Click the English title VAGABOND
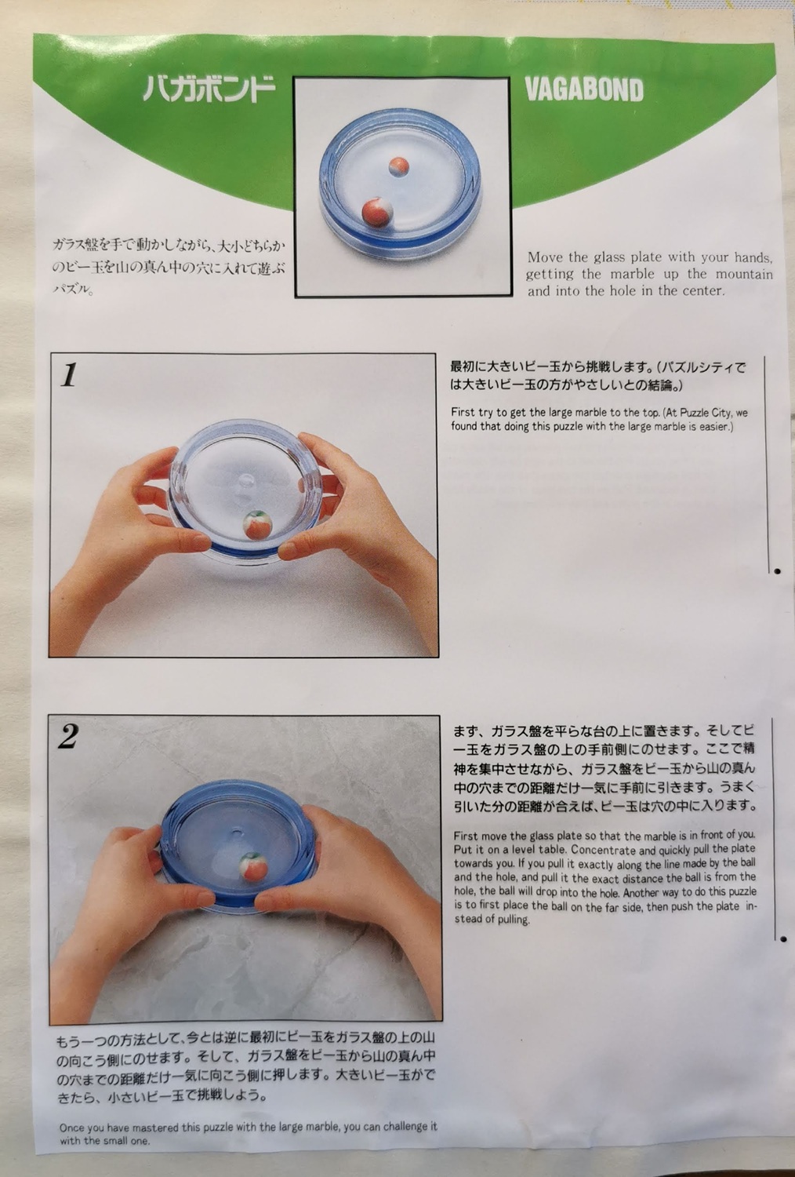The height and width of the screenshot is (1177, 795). [584, 90]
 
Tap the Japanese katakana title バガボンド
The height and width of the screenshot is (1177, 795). [209, 89]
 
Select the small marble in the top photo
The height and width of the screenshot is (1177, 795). [399, 166]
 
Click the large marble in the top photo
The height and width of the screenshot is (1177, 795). [377, 211]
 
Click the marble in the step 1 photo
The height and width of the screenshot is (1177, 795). [259, 525]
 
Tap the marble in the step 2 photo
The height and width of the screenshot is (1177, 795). [251, 865]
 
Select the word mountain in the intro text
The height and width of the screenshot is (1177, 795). [744, 274]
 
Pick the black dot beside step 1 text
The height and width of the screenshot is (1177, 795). [777, 571]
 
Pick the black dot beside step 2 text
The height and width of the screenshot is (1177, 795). [783, 939]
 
